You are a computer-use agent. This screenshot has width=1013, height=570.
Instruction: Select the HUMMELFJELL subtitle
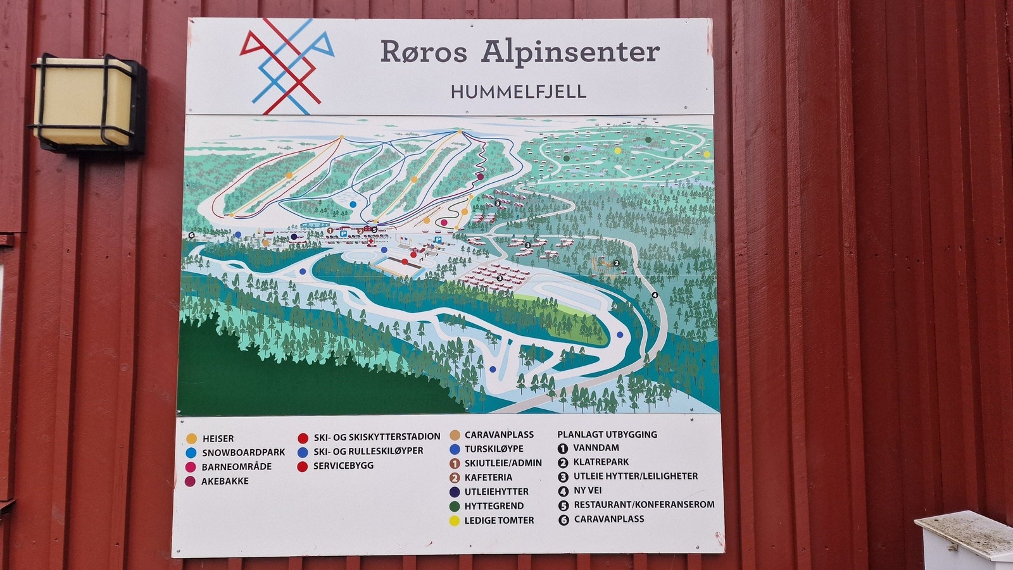518,92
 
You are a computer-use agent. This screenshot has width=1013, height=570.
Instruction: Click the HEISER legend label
218,438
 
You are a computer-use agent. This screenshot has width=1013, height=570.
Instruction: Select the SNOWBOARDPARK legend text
243,452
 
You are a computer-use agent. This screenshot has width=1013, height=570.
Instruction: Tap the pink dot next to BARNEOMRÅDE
191,467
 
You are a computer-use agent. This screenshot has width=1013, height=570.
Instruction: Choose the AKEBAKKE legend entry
225,481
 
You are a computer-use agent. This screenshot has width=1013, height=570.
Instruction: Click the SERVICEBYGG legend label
343,466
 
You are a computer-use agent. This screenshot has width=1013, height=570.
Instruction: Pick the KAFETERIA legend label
488,478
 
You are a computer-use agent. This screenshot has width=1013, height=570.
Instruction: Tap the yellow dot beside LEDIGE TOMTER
455,521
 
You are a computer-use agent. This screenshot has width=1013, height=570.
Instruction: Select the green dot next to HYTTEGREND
455,506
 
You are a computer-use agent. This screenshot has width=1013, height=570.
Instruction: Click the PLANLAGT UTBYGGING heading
607,435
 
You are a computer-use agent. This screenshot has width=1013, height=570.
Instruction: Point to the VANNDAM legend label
596,448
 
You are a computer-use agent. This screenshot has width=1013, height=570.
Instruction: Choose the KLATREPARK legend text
601,462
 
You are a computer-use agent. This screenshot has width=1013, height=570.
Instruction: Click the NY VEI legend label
588,490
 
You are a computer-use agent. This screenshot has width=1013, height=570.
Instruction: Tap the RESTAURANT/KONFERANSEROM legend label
644,505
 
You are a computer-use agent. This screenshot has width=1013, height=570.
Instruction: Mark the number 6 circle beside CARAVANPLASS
563,520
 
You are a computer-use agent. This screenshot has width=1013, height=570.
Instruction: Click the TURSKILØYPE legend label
494,449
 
